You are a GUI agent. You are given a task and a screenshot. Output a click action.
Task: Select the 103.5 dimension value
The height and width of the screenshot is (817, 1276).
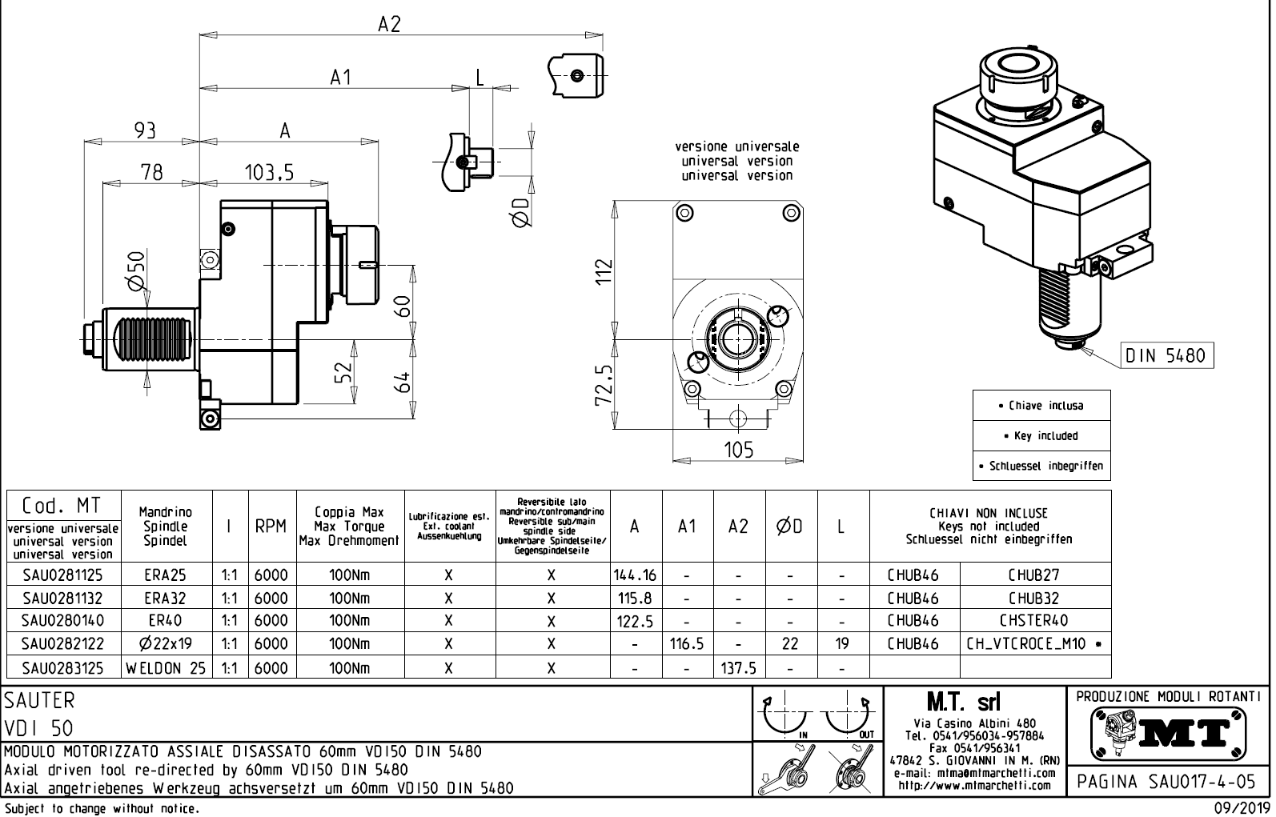pos(269,172)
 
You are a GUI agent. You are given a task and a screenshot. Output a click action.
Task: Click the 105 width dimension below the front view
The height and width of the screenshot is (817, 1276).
pos(738,451)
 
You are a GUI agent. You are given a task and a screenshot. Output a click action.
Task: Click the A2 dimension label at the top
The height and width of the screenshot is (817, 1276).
pos(389,24)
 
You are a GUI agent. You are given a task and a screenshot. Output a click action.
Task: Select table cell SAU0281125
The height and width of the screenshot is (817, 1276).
pos(62,575)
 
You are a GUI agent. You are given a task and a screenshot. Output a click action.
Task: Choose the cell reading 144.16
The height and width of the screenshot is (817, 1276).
pos(635,575)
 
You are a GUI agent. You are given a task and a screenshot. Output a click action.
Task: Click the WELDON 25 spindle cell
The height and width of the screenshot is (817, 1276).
pos(166,668)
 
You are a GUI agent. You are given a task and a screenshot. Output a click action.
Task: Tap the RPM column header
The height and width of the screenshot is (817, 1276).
pos(271,527)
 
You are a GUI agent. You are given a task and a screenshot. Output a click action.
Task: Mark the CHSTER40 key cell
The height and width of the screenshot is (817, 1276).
pos(1034,620)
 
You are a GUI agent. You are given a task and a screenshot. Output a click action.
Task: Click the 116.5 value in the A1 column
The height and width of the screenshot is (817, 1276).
pos(686,644)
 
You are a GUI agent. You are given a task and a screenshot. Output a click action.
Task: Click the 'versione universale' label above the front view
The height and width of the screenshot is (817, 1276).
pos(736,147)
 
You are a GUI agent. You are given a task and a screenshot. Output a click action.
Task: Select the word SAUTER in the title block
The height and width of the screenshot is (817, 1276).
pos(40,700)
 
